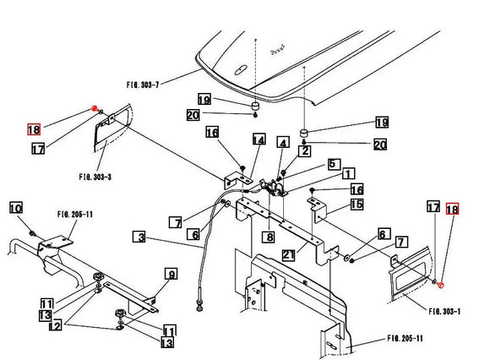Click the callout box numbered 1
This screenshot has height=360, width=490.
348,174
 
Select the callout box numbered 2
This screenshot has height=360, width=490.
305,151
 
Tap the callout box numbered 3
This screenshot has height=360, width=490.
139,237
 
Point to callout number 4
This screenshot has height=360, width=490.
283,143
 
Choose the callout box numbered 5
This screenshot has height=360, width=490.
334,164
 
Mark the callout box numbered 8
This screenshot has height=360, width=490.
269,237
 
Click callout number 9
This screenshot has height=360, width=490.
171,274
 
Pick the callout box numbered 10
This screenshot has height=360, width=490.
16,208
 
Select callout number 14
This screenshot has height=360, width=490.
259,139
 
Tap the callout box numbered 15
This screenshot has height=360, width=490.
357,205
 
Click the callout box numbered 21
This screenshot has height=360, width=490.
288,255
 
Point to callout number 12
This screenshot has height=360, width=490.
56,325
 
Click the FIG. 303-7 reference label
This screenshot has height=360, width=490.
143,85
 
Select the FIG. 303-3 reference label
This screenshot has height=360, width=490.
95,177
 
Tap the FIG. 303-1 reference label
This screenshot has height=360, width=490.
444,311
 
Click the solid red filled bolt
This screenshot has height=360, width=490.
94,109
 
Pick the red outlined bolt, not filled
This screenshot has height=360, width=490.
441,285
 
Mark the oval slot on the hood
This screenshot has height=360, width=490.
240,70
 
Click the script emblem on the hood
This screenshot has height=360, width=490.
278,50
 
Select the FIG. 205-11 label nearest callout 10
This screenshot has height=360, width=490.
75,215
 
